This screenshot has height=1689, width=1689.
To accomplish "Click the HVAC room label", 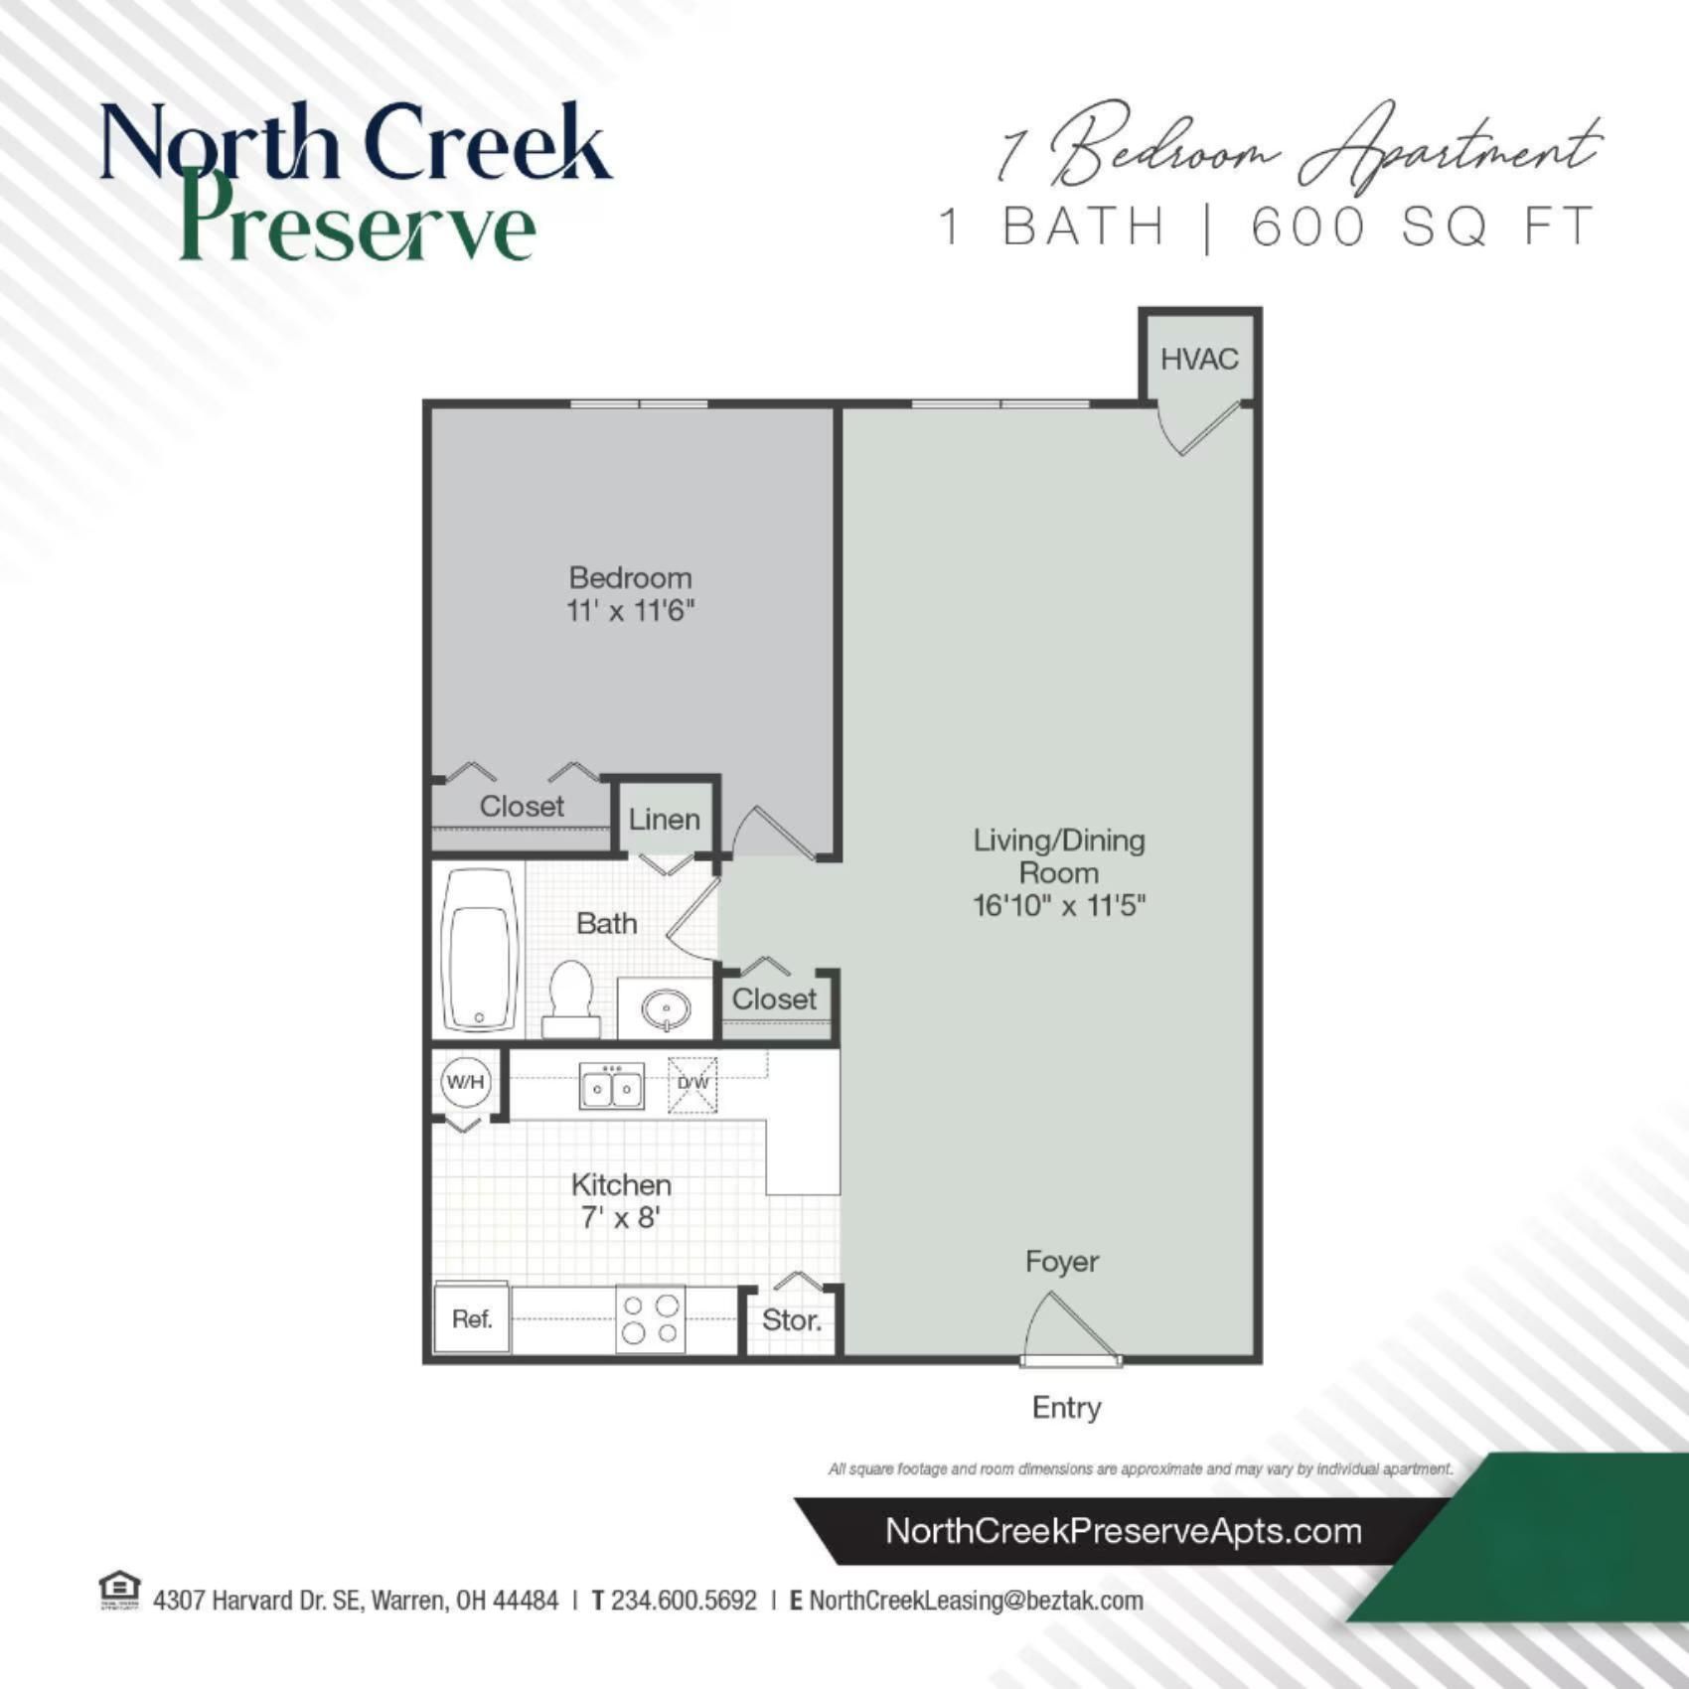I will (1199, 359).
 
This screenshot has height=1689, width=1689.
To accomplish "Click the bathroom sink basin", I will (665, 1009).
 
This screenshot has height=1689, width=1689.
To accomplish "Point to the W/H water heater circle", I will (465, 1082).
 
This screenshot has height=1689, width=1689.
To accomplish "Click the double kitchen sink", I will (611, 1086).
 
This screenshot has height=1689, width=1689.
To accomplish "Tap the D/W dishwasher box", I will (692, 1084).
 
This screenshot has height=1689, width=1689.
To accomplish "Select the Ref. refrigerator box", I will (472, 1318).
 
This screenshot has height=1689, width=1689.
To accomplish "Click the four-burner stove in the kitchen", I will (651, 1318).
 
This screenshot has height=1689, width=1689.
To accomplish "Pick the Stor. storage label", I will (791, 1320).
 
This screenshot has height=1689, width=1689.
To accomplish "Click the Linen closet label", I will (664, 820).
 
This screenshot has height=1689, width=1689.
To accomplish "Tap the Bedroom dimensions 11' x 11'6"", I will (630, 610).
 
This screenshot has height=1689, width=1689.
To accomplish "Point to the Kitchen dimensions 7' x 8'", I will (621, 1217).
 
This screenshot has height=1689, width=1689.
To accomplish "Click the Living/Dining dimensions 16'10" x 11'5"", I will (1059, 905).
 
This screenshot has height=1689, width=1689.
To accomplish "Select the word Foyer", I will (1062, 1262).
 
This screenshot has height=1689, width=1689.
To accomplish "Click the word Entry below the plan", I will (1066, 1408).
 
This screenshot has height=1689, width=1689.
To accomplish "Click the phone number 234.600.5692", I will (684, 1601).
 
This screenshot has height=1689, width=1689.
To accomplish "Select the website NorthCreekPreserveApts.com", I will (1123, 1531).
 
